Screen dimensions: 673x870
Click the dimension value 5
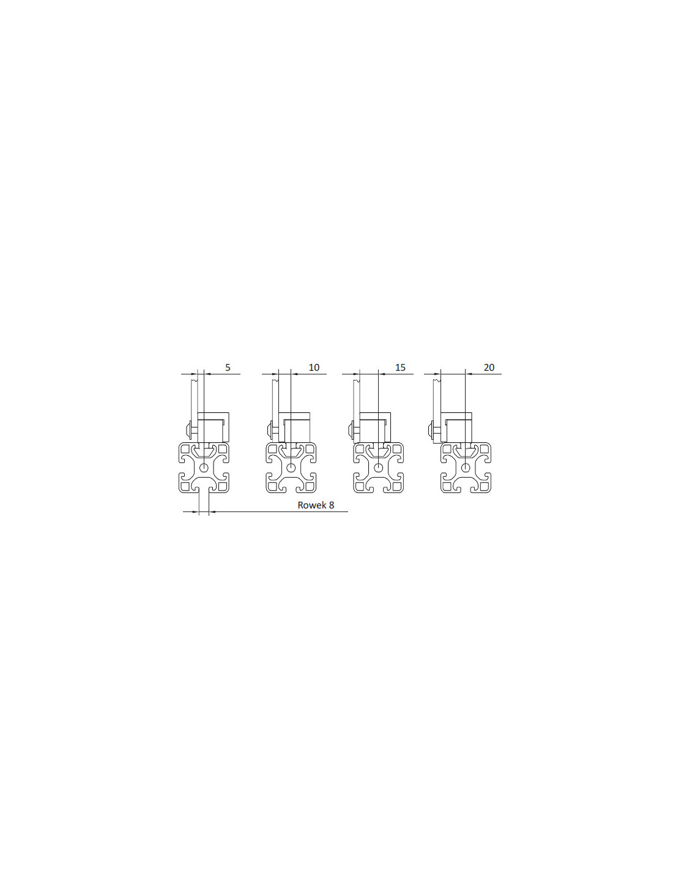coord(228,367)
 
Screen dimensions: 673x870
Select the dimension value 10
coord(314,367)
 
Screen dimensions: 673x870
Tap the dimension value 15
coord(400,367)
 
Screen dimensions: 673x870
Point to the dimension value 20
coord(489,367)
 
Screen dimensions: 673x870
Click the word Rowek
coord(311,505)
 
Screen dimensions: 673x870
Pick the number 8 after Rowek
coord(332,505)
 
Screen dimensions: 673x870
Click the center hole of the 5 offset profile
coord(204,467)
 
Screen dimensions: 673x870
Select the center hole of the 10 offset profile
coord(291,467)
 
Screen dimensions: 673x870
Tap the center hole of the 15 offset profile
coord(378,467)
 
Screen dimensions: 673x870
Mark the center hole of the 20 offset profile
coord(465,467)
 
